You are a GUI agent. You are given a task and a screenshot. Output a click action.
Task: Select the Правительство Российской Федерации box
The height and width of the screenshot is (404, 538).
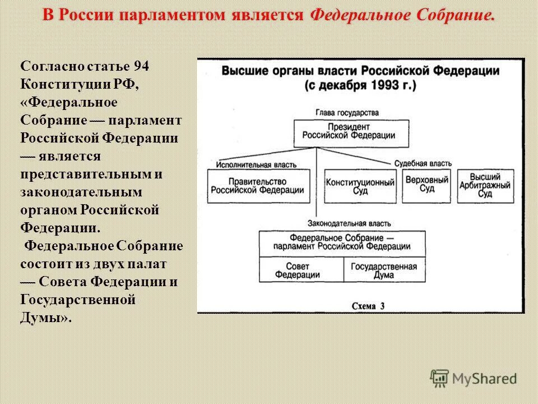(258, 186)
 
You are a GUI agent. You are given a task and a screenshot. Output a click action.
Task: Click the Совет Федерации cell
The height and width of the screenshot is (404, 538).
(301, 270)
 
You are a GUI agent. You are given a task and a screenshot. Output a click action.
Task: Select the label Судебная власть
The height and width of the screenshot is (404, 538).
(423, 163)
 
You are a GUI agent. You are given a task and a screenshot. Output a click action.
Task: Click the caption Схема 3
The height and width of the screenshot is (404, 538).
(368, 306)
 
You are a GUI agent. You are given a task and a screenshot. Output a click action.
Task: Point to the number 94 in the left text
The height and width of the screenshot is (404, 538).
(142, 66)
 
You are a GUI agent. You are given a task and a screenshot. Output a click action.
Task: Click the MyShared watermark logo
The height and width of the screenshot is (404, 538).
(474, 378)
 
